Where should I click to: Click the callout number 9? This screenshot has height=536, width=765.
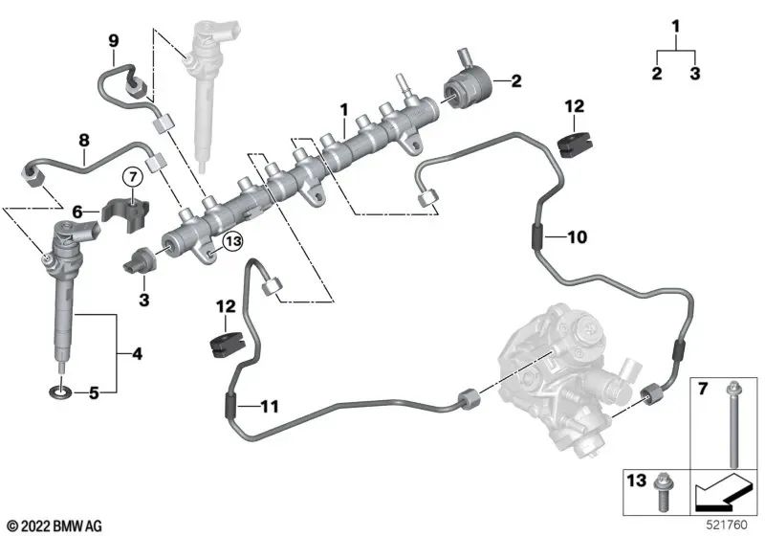coord(113,40)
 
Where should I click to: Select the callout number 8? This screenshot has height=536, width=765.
coord(84,140)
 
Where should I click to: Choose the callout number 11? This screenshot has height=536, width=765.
coord(270,407)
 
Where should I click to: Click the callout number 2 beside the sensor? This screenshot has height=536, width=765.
coord(515,81)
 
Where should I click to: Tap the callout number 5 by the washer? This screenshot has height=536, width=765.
coord(93,391)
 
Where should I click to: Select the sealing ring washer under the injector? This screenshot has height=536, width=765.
coord(60,391)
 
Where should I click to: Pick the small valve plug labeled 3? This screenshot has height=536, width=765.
coord(139,261)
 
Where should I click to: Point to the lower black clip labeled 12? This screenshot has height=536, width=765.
coord(223,341)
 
